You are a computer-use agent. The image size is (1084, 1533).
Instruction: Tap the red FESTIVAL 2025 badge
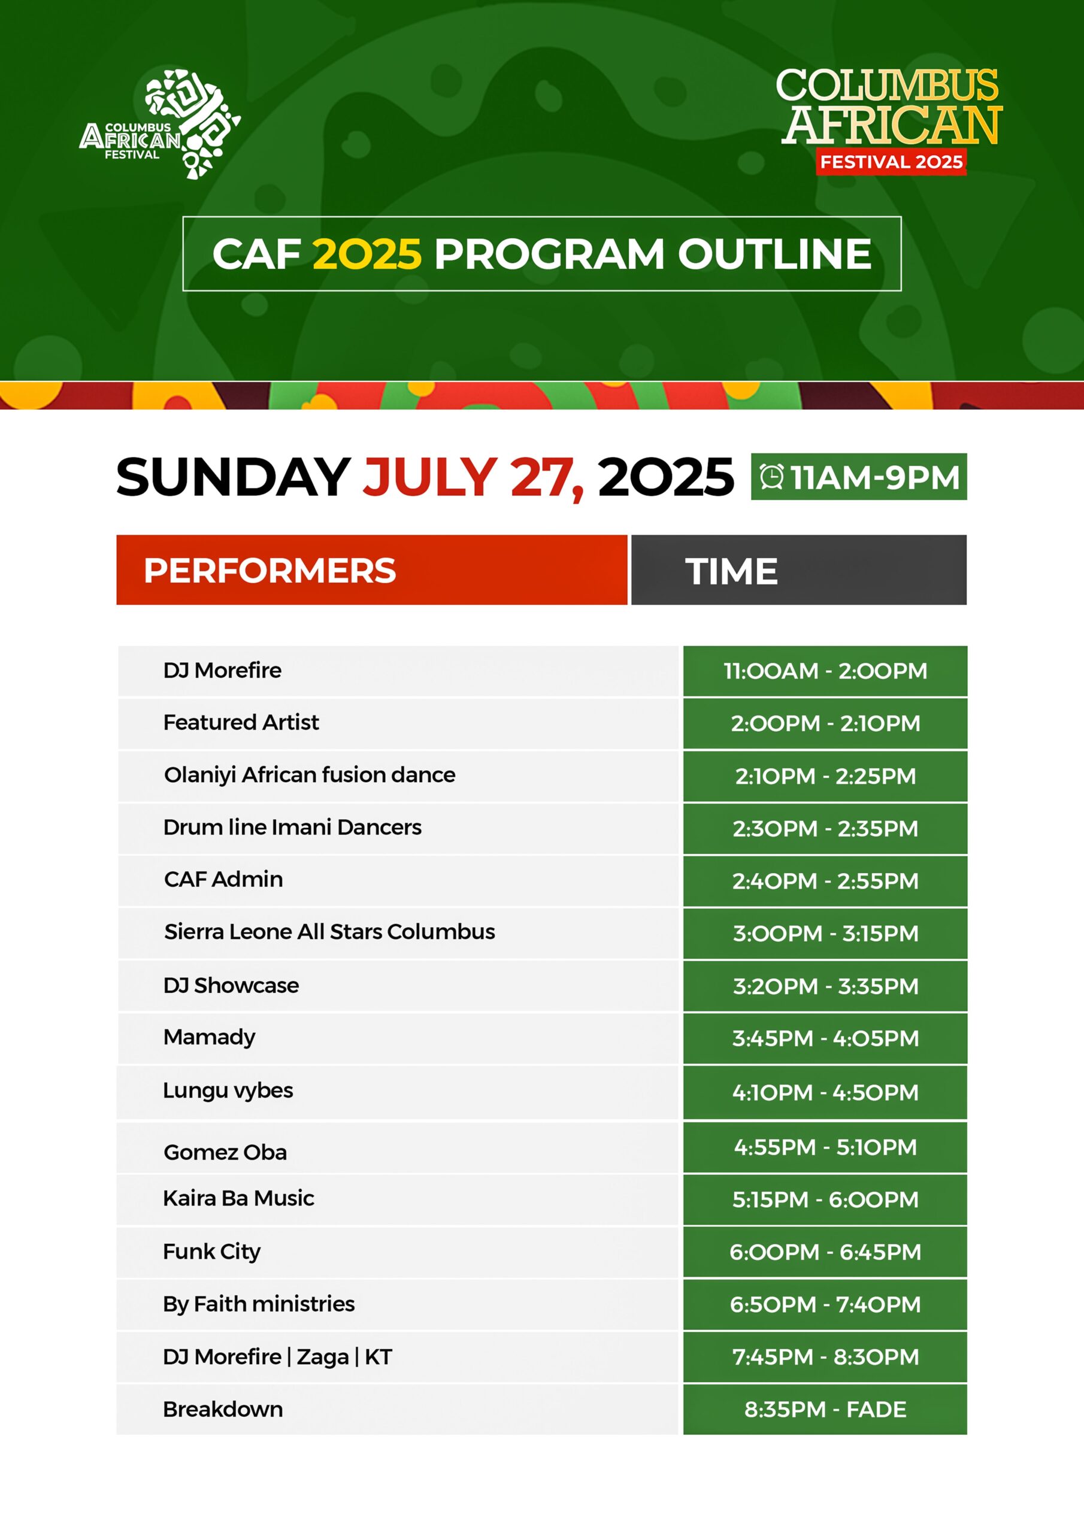click(x=891, y=162)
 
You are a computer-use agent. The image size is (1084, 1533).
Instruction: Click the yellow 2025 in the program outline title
click(x=367, y=255)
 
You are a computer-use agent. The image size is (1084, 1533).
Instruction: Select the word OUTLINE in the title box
click(x=774, y=255)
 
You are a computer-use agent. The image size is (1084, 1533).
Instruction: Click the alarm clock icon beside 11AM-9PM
click(x=772, y=477)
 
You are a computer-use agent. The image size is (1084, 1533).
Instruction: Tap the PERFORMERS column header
click(x=371, y=570)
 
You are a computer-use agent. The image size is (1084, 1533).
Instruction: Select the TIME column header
click(x=799, y=570)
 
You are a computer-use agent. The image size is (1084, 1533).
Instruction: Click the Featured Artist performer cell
click(x=398, y=723)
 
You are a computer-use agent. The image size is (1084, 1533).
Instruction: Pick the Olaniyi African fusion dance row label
click(x=310, y=775)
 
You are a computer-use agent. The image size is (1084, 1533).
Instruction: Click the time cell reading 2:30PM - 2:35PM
click(x=825, y=829)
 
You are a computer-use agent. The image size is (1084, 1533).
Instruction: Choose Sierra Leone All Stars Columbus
click(x=330, y=932)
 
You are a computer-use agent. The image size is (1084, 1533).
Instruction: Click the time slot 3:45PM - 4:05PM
click(x=825, y=1038)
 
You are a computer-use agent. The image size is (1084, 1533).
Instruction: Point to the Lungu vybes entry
click(x=228, y=1091)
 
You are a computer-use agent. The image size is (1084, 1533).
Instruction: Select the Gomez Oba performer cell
click(x=398, y=1148)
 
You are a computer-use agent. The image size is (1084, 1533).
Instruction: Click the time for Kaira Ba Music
click(x=825, y=1200)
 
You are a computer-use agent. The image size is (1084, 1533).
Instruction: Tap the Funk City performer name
click(x=212, y=1252)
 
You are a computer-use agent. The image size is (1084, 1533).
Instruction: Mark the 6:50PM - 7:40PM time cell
click(x=825, y=1305)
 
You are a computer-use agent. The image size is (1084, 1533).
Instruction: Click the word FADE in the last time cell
click(x=876, y=1410)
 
